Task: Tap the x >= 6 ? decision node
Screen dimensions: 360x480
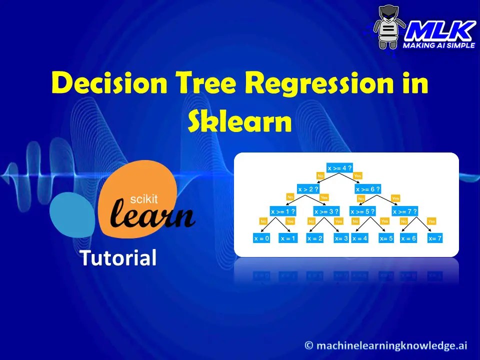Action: (x=368, y=189)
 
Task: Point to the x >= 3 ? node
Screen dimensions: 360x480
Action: (x=326, y=211)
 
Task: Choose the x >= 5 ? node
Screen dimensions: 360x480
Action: (x=363, y=211)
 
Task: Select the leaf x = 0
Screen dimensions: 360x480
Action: (x=261, y=238)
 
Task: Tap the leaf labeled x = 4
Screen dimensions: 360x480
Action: (x=360, y=238)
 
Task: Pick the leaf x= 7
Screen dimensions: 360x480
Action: (x=435, y=238)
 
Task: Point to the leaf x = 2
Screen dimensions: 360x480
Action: (x=315, y=238)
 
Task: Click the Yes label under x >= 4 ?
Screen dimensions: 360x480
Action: (x=357, y=176)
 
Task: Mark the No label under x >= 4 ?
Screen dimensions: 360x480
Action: (x=320, y=176)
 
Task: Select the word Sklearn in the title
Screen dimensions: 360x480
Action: (x=240, y=121)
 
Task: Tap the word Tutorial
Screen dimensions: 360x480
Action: (x=118, y=257)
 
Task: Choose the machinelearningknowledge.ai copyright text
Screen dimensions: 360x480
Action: (x=387, y=345)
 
